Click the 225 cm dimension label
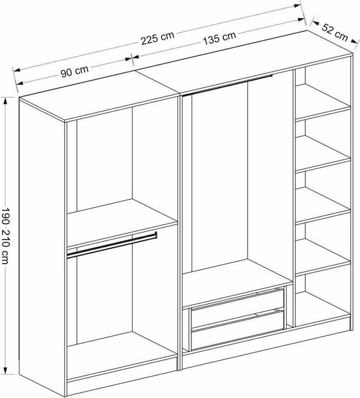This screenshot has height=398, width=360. point(158,38)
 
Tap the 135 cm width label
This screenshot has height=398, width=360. point(220,38)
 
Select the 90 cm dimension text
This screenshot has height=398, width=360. point(75,71)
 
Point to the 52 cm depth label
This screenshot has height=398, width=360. point(335,32)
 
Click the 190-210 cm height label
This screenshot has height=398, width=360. point(6,236)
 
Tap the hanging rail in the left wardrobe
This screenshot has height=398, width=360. point(112,245)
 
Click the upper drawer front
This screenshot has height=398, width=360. point(237,308)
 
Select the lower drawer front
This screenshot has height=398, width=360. point(237,329)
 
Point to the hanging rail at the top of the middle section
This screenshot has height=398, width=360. point(227,85)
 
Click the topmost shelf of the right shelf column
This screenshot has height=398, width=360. point(323,102)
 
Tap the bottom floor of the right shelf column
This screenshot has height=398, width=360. point(323,309)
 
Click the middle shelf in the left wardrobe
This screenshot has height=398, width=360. point(121,222)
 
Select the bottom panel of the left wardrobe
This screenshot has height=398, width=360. point(121,355)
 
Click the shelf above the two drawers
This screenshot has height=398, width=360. point(237,283)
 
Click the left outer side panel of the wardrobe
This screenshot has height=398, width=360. point(42,246)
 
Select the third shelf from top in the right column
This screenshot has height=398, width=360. point(323,205)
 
